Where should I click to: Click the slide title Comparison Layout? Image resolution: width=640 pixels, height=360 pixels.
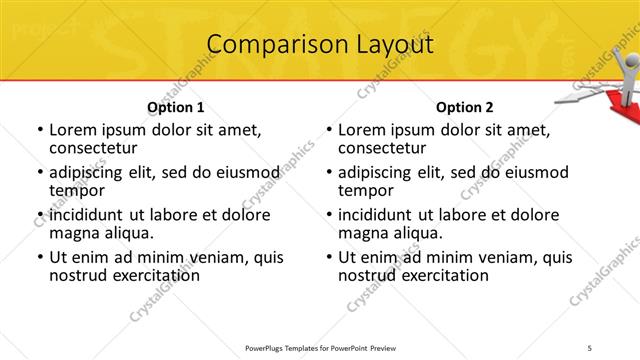[x=320, y=45]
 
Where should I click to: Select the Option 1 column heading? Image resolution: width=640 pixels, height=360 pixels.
[x=175, y=107]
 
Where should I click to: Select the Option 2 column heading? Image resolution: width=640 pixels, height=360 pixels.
[x=465, y=107]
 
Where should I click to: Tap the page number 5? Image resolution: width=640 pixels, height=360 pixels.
[x=590, y=348]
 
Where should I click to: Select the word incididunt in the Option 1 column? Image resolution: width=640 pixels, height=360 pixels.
[x=86, y=215]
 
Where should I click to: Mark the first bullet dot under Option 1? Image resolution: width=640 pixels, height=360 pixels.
[x=39, y=131]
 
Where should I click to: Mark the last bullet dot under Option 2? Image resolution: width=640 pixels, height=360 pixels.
[x=328, y=258]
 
